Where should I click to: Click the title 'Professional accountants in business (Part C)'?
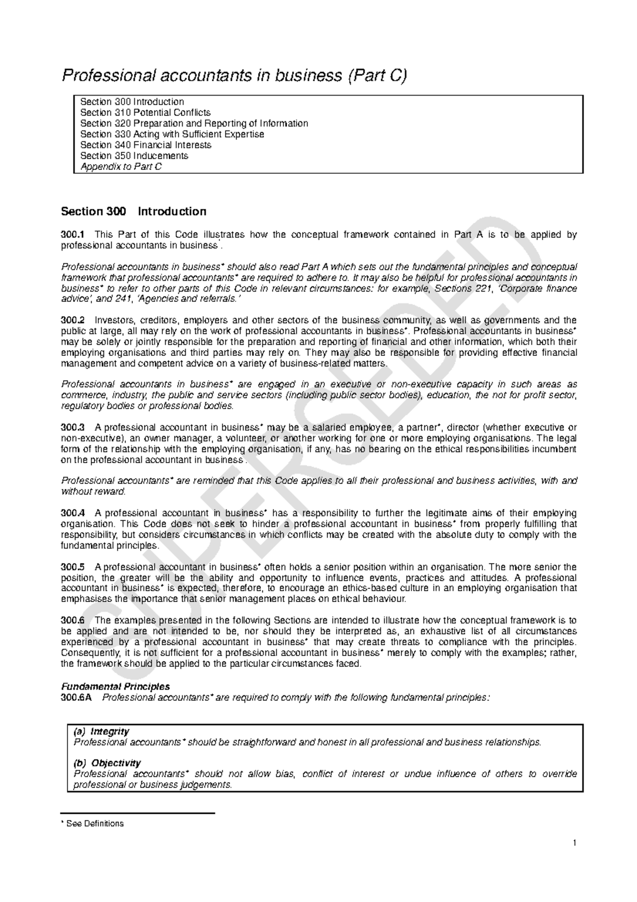pyautogui.click(x=234, y=76)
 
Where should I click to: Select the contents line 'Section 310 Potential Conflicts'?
pyautogui.click(x=145, y=113)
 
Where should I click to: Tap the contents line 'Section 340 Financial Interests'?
pyautogui.click(x=145, y=145)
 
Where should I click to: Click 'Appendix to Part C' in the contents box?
pyautogui.click(x=120, y=167)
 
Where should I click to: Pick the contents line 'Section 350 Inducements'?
pyautogui.click(x=134, y=156)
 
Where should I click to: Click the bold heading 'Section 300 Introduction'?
pyautogui.click(x=133, y=211)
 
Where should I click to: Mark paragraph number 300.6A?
pyautogui.click(x=76, y=697)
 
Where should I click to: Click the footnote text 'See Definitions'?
pyautogui.click(x=94, y=824)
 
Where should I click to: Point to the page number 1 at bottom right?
pyautogui.click(x=574, y=843)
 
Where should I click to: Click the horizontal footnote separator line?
pyautogui.click(x=138, y=813)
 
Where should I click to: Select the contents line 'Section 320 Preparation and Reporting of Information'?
pyautogui.click(x=194, y=123)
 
